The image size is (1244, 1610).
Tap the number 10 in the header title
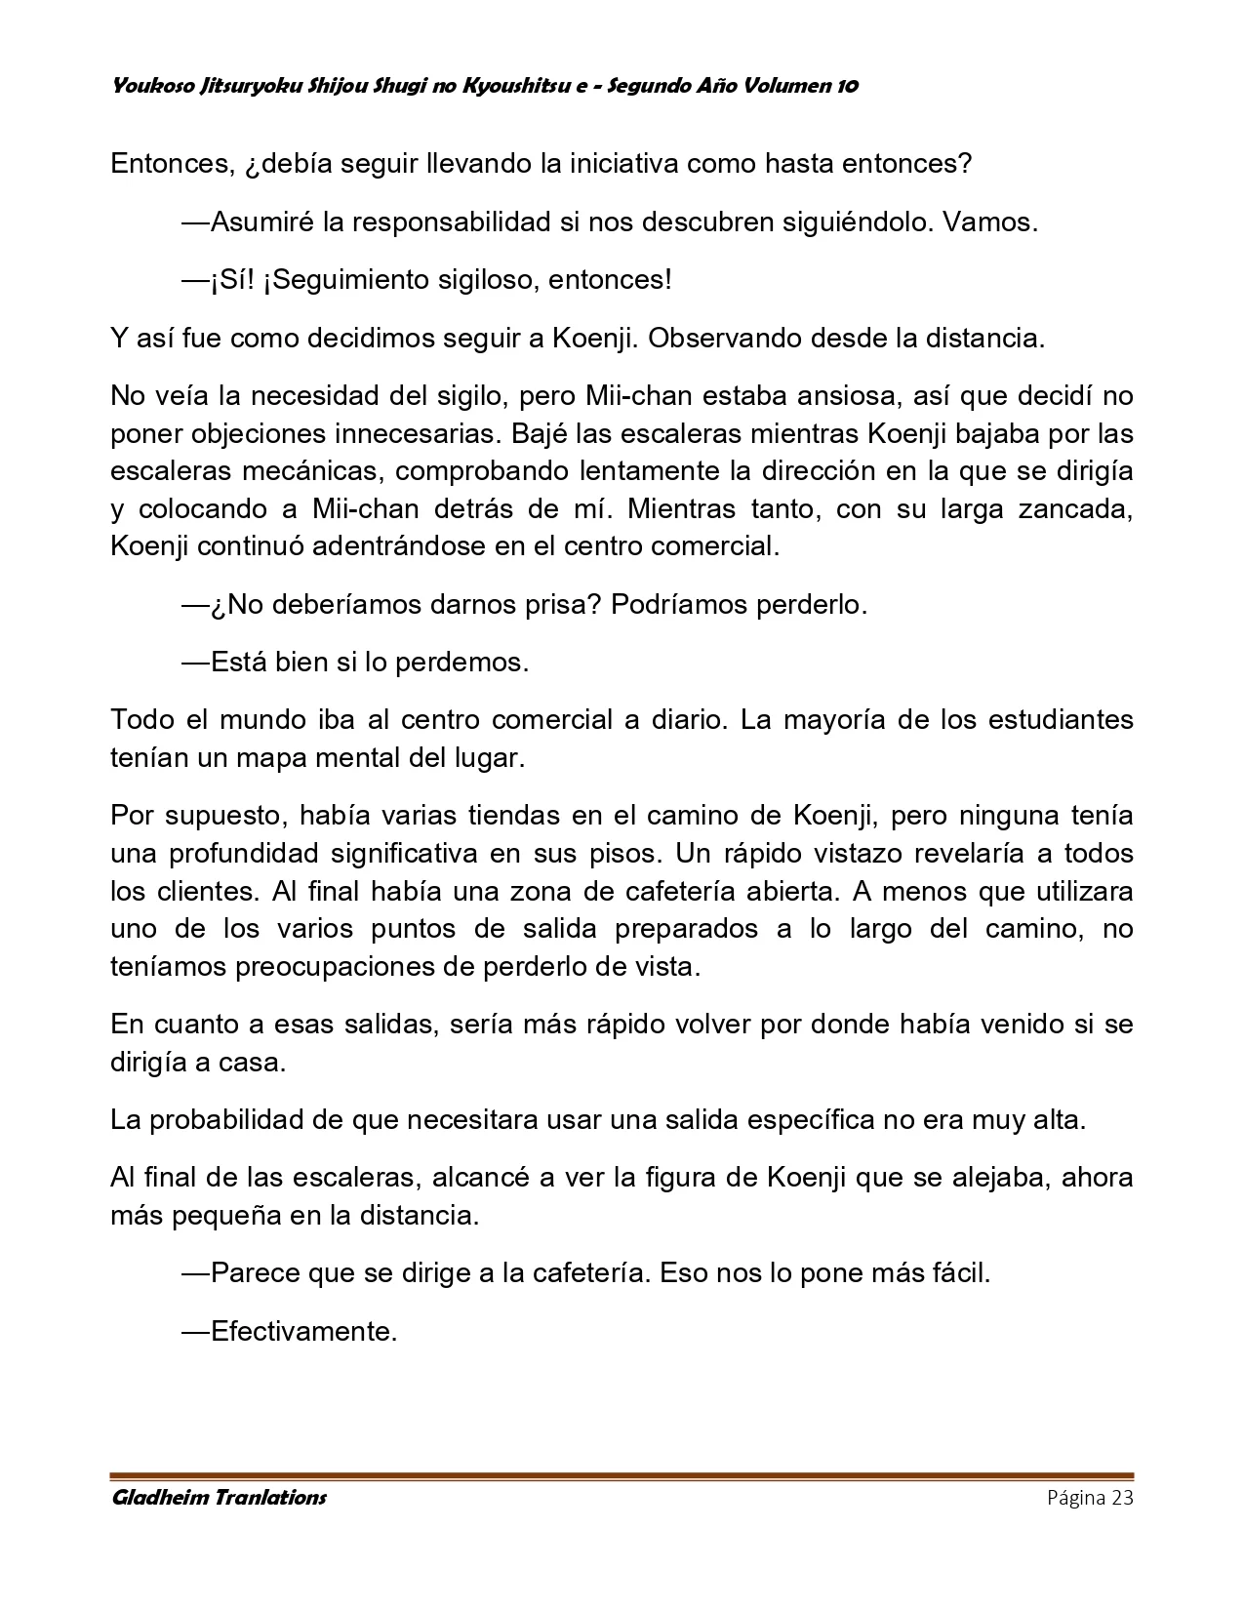[x=846, y=86]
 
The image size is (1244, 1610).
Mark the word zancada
[x=1074, y=508]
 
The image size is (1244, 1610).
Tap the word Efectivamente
[x=302, y=1331]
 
